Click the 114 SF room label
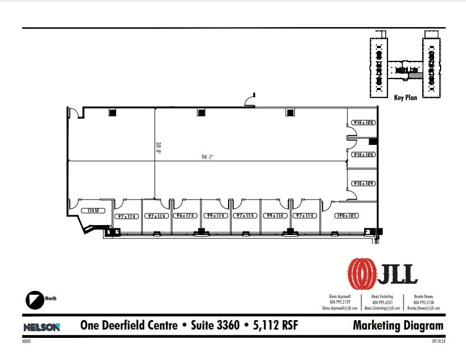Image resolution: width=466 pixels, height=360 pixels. pos(93,211)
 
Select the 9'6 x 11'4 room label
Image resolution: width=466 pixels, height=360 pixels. pos(184,216)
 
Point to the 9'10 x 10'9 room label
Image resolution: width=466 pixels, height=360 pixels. pos(362,183)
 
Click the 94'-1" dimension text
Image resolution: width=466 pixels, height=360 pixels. pos(208,157)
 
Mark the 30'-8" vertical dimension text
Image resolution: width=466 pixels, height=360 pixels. pos(158,148)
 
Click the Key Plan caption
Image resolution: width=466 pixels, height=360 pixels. pos(405,98)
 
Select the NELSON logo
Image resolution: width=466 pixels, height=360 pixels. pos(42,327)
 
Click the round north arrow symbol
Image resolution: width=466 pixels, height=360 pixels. pos(35,299)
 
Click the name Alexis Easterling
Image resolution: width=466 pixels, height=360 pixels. pos(382,296)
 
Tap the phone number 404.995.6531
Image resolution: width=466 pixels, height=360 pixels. pos(382,302)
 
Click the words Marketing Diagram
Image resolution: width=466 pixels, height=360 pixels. pos(398,326)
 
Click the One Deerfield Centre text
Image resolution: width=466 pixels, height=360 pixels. pos(129,326)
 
